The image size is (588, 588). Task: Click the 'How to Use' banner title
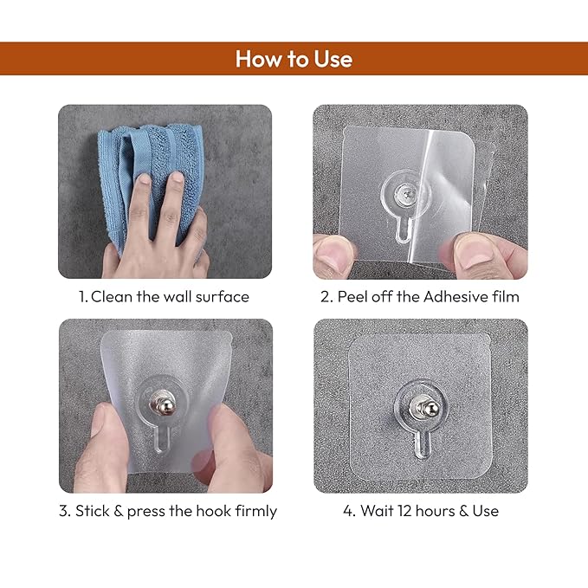tap(294, 59)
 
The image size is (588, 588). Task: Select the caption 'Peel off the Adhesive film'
tap(420, 296)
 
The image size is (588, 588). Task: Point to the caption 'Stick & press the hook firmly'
tap(168, 510)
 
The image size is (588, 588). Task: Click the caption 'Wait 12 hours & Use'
tap(420, 510)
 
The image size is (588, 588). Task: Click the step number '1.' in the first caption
tap(83, 296)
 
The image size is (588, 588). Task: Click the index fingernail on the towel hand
tap(177, 178)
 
